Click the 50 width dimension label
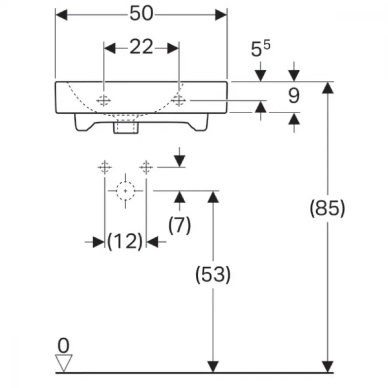click(x=141, y=14)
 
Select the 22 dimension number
click(x=141, y=47)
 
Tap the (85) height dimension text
click(x=327, y=208)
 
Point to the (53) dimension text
click(x=213, y=274)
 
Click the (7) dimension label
click(x=180, y=225)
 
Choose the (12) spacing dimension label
click(x=125, y=241)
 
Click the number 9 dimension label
click(x=294, y=96)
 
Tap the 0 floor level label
click(x=63, y=346)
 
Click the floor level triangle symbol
click(x=64, y=363)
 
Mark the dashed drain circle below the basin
click(x=125, y=191)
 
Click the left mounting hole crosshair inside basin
click(x=104, y=100)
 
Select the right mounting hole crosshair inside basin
click(x=178, y=100)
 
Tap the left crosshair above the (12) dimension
click(x=105, y=167)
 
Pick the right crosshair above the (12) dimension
click(x=146, y=167)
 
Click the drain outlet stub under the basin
click(x=125, y=126)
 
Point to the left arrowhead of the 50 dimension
click(x=62, y=15)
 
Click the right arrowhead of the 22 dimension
click(x=173, y=48)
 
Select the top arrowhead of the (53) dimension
click(x=213, y=197)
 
